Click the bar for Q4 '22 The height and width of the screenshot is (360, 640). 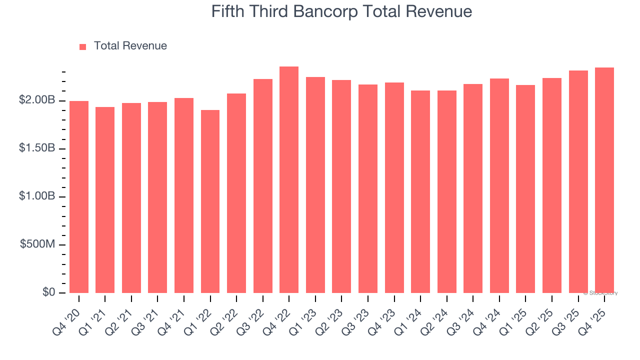point(289,180)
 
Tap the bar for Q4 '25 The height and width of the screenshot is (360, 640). point(604,180)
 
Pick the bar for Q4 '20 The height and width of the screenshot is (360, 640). point(79,197)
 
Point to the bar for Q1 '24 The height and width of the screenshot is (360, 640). point(420,192)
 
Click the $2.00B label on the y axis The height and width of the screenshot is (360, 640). point(37,100)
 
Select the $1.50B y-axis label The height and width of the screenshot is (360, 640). point(37,148)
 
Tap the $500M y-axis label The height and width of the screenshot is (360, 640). point(37,244)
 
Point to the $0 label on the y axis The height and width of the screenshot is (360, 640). point(48,292)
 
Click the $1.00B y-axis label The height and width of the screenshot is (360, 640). point(37,196)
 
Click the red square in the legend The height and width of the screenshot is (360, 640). point(83,46)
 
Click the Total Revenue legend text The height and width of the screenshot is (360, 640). point(130,46)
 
